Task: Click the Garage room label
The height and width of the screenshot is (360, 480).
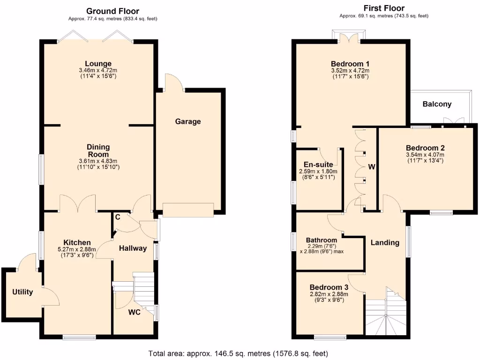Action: pyautogui.click(x=188, y=121)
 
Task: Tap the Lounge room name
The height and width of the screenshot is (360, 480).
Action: pyautogui.click(x=98, y=64)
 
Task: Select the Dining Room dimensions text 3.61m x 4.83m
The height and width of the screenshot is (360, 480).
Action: pyautogui.click(x=98, y=161)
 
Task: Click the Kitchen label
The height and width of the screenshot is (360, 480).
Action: pyautogui.click(x=77, y=242)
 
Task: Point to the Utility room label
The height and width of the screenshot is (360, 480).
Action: pyautogui.click(x=22, y=292)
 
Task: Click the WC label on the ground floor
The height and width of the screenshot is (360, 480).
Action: pyautogui.click(x=135, y=313)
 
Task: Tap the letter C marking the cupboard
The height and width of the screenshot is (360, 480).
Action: pyautogui.click(x=118, y=217)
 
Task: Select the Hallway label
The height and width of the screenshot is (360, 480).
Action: pyautogui.click(x=133, y=248)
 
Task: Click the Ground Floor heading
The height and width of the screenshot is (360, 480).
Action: pyautogui.click(x=113, y=11)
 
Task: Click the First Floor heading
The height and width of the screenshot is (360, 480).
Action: pyautogui.click(x=384, y=8)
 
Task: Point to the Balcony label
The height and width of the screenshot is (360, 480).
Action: pyautogui.click(x=437, y=104)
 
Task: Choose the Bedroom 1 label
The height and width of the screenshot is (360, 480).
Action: pyautogui.click(x=351, y=64)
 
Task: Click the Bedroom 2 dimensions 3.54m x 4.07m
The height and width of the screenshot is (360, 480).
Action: pyautogui.click(x=425, y=155)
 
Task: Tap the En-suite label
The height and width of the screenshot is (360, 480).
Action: pyautogui.click(x=318, y=165)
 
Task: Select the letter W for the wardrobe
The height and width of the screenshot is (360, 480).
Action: pyautogui.click(x=372, y=166)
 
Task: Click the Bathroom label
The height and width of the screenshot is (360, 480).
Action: pyautogui.click(x=322, y=240)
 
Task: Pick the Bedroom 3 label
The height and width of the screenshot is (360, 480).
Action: pyautogui.click(x=329, y=287)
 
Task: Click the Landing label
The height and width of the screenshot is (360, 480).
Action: pyautogui.click(x=385, y=242)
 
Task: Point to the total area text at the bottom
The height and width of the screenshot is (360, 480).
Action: pyautogui.click(x=238, y=353)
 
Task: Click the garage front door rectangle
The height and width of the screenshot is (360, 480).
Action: pyautogui.click(x=188, y=210)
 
